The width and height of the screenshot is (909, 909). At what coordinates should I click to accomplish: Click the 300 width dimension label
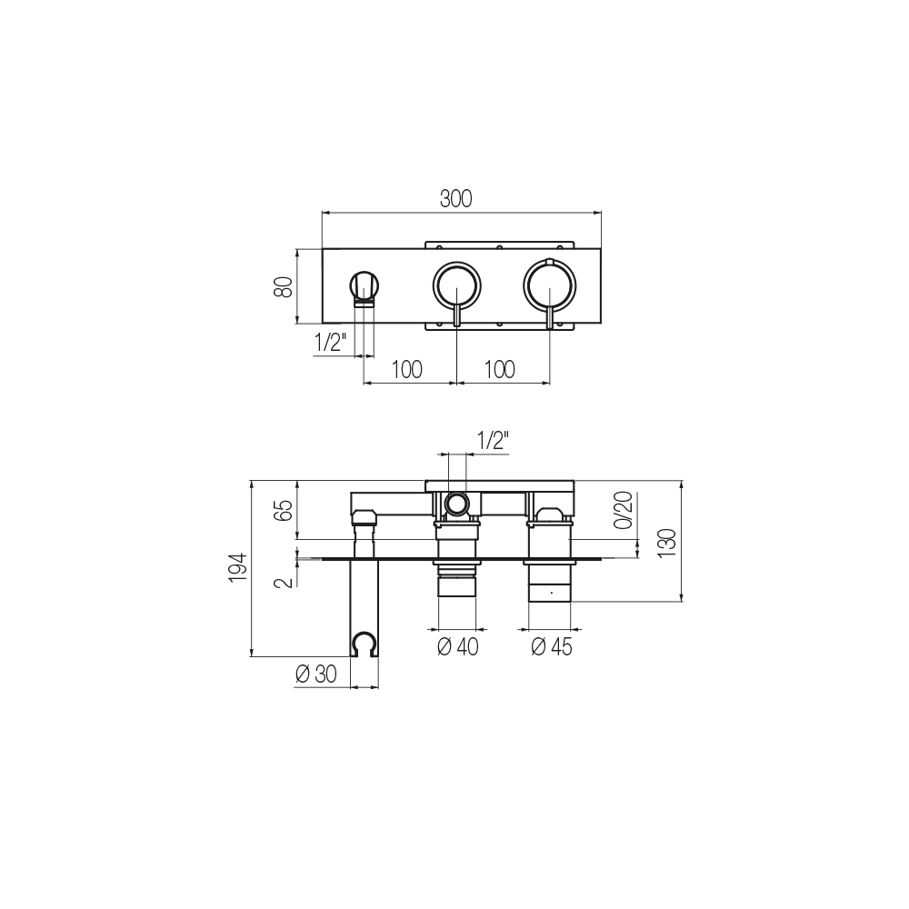pos(455,199)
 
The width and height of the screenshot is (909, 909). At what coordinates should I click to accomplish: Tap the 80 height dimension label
pos(284,286)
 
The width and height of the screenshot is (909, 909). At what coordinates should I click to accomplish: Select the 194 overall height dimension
pos(238,568)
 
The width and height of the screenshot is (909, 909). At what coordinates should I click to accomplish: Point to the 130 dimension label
pos(668,542)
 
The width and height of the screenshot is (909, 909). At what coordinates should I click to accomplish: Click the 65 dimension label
pos(284,510)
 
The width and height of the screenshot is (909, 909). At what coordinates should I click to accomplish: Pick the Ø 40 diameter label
pos(458,646)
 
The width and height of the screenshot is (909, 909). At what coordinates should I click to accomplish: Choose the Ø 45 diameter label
pos(552,646)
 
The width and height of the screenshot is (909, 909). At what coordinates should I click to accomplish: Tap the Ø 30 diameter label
pos(316,674)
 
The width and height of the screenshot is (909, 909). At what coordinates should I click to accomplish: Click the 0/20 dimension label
pos(624,510)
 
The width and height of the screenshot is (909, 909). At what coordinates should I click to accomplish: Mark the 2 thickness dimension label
pos(285,582)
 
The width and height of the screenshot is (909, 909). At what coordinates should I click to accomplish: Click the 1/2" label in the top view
pos(330,343)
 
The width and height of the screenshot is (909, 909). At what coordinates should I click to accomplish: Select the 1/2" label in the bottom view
pos(492,441)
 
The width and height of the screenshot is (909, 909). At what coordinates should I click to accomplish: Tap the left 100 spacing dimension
pos(407,369)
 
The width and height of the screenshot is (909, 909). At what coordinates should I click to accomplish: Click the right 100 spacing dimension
pos(499,369)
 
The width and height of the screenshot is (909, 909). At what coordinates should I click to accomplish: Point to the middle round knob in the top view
pos(457,285)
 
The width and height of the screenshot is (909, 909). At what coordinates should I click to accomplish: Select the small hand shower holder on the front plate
pos(365,288)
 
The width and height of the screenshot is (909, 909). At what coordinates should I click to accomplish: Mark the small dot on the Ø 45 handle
pos(551,593)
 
